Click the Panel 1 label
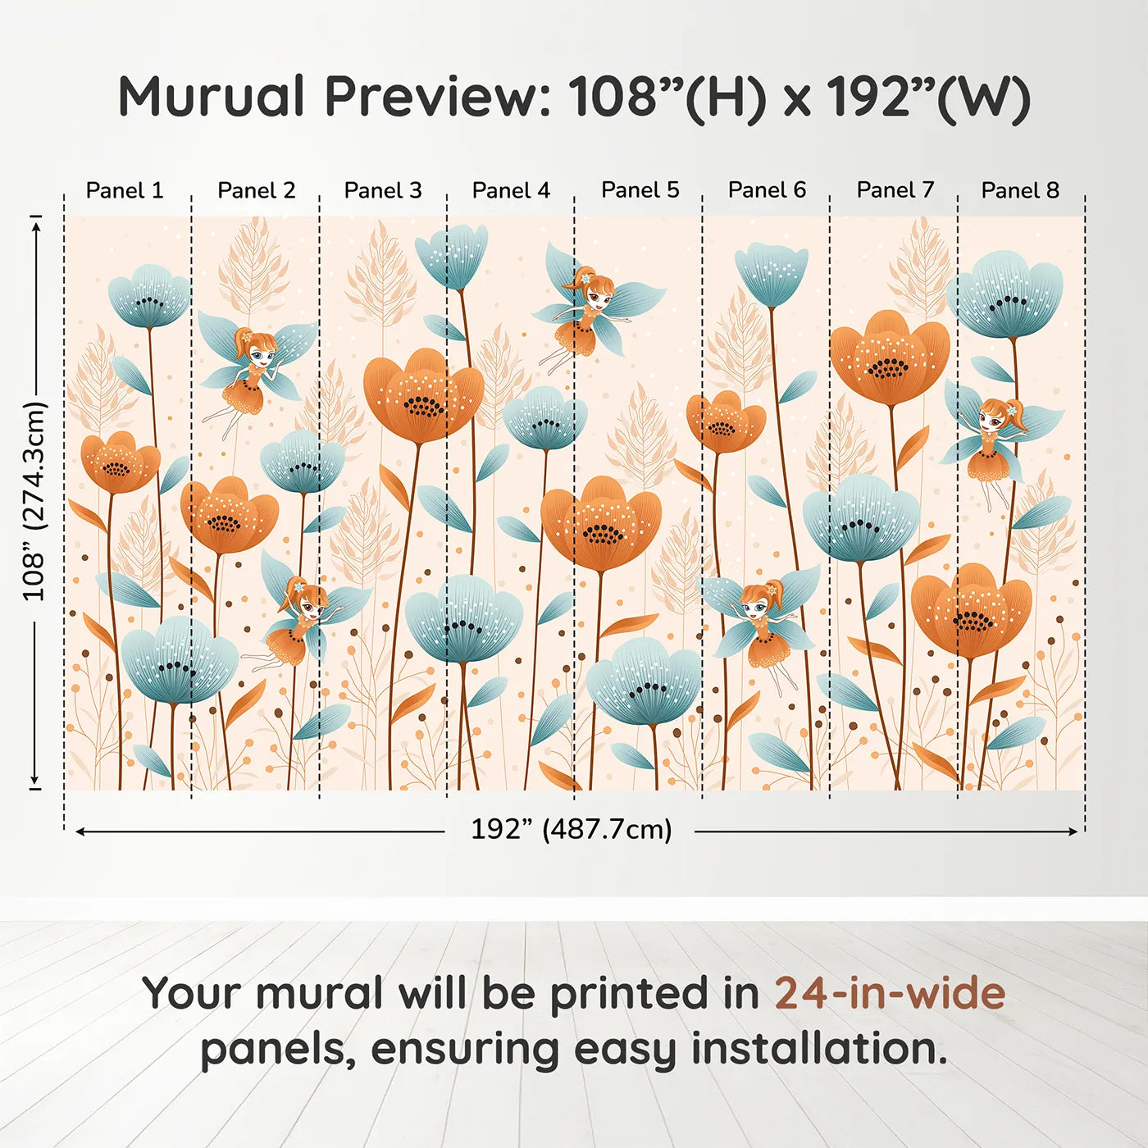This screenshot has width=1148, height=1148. pos(125,190)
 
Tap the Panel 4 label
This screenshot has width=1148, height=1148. pos(511,190)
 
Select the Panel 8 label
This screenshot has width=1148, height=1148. pos(1021,190)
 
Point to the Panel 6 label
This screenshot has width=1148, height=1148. pos(767,190)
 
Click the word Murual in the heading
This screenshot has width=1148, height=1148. pos(212,97)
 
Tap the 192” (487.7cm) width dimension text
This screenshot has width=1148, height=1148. pos(572,829)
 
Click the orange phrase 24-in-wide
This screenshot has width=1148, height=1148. pos(890,993)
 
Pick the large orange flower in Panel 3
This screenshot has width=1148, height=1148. pos(423,396)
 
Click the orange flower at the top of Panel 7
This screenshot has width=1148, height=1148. pos(890,358)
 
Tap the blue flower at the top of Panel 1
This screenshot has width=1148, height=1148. pos(149,295)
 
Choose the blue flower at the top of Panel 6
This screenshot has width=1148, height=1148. pos(772,274)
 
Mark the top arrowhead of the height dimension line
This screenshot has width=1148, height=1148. pos(37,227)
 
